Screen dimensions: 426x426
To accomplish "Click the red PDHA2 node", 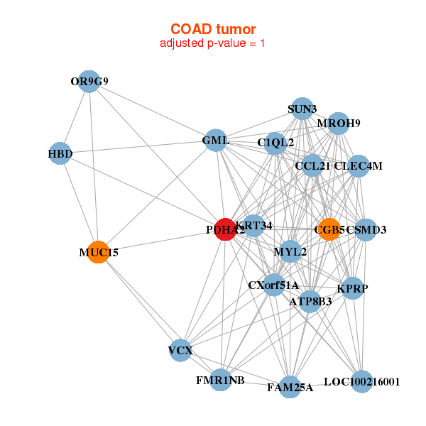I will click(x=225, y=229).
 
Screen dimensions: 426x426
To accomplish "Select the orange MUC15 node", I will click(x=98, y=252).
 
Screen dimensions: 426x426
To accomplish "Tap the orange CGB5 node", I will click(x=329, y=229).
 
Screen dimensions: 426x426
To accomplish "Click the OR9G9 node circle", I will click(x=89, y=81).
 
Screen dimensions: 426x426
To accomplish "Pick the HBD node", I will click(x=60, y=153).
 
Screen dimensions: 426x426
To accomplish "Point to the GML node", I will click(x=216, y=141).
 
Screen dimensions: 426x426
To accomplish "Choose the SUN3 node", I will click(x=302, y=109).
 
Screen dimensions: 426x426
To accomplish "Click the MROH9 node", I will click(x=339, y=124).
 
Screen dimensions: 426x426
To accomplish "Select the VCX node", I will click(x=180, y=350).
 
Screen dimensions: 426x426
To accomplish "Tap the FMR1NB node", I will click(x=220, y=380).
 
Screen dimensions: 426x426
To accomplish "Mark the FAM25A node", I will click(x=290, y=387).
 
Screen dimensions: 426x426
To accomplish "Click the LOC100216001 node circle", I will click(x=361, y=381).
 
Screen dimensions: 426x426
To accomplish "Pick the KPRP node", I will click(x=353, y=288).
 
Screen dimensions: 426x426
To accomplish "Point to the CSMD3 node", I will click(x=365, y=229).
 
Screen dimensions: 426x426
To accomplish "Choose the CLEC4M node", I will click(x=359, y=166).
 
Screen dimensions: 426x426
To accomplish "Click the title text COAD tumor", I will click(x=213, y=29).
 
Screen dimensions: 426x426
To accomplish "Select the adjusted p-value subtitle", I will click(x=213, y=43).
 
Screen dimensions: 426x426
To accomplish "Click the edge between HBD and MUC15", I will click(x=78, y=202).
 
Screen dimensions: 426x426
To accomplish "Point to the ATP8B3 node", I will click(x=310, y=302).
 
